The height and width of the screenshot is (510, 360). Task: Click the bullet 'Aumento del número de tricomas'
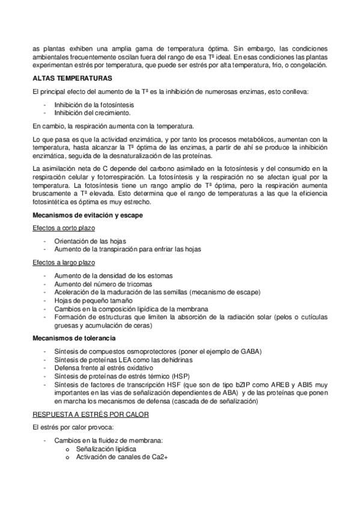[x=103, y=284]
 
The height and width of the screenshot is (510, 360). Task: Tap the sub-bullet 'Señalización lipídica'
[x=105, y=449]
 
